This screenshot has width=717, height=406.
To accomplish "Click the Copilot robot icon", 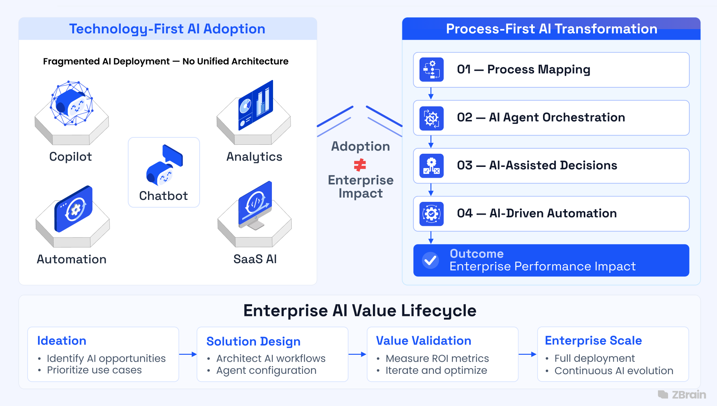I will point(71,103).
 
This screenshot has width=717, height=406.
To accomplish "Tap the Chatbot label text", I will point(164,196).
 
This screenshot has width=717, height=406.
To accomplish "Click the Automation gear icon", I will point(74,209).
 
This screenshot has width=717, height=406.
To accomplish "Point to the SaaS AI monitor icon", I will point(255,205).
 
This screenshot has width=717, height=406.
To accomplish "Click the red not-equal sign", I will point(360,165).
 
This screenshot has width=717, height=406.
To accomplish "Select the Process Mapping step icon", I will point(432,70).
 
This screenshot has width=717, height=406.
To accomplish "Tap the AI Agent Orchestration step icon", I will point(432,118).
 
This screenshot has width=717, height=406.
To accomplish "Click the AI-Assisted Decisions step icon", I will point(432,166).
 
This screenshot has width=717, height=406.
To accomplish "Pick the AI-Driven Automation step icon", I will point(432,214).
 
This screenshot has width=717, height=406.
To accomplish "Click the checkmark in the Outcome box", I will point(430,260).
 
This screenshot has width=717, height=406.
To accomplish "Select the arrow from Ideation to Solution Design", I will point(188,354).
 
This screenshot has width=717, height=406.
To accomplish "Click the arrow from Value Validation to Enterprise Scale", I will point(527,354).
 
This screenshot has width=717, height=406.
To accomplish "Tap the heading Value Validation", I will point(423,340).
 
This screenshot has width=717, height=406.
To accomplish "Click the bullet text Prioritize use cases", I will point(94,370).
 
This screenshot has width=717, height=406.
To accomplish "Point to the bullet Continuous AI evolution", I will point(613,371).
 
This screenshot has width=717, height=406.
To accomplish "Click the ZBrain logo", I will point(682,395).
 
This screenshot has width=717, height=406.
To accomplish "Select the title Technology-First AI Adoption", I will point(167,29).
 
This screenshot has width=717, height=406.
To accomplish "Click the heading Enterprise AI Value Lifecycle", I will point(360,311).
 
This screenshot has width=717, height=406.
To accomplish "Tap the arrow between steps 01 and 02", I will point(431,94).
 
